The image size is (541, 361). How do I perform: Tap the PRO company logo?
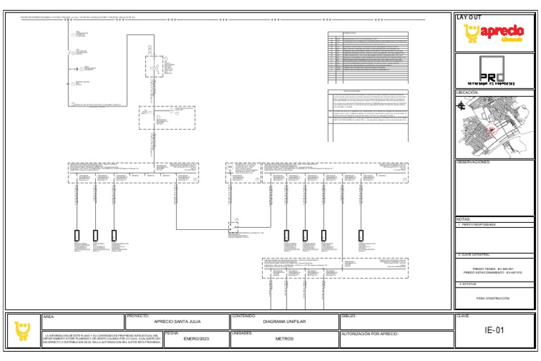pos(495,71)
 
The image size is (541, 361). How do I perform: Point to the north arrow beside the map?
pos(461,106)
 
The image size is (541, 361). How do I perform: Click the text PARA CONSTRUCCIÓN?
pos(492,298)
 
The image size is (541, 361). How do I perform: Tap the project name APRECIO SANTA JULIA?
pos(177,321)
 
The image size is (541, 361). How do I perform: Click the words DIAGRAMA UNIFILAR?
pos(284,321)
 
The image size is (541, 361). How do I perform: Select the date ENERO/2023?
pos(196,339)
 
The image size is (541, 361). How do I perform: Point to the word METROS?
pos(284,339)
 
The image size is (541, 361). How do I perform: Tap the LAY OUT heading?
pos(470,16)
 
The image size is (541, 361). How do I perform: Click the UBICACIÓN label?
pos(468,92)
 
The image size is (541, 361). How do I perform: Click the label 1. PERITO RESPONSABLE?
pos(477,224)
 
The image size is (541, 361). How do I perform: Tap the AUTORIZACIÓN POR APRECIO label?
pos(370,333)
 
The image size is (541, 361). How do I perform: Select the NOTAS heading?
pos(463,219)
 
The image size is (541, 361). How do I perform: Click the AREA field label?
pos(49,317)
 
